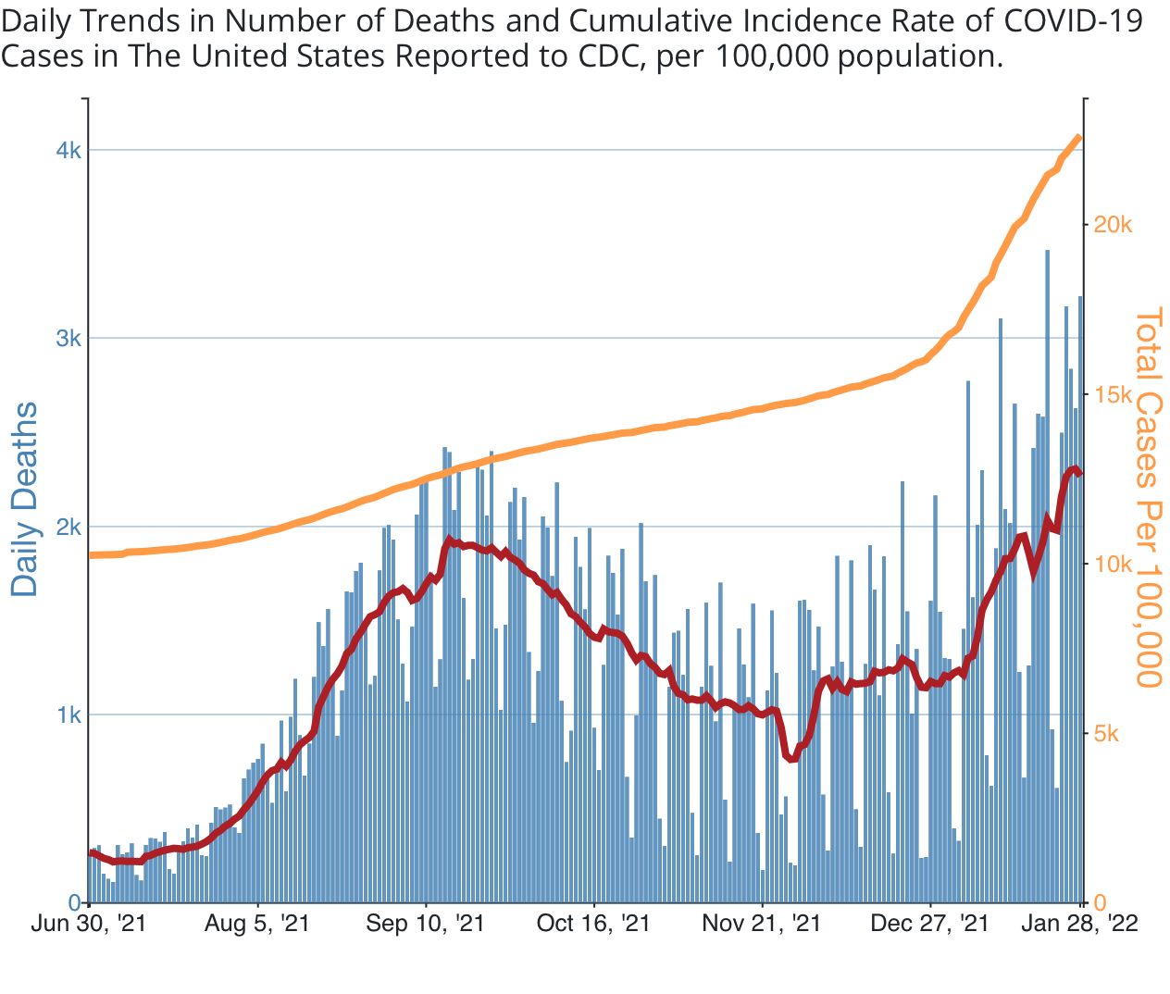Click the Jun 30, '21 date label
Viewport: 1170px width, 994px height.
pyautogui.click(x=88, y=924)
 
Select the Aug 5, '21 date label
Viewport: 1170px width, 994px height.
pyautogui.click(x=256, y=924)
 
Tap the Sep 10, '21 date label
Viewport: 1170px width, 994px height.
pyautogui.click(x=425, y=924)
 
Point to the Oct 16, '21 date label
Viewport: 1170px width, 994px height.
pyautogui.click(x=593, y=924)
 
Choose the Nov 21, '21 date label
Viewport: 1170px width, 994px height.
pyautogui.click(x=762, y=924)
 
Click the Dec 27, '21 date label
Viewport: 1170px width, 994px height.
pyautogui.click(x=929, y=924)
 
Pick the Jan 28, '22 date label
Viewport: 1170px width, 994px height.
pyautogui.click(x=1079, y=924)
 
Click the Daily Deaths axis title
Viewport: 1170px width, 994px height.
pyautogui.click(x=25, y=499)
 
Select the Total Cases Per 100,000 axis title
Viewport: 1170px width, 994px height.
pyautogui.click(x=1147, y=499)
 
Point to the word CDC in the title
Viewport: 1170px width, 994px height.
pyautogui.click(x=611, y=57)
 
